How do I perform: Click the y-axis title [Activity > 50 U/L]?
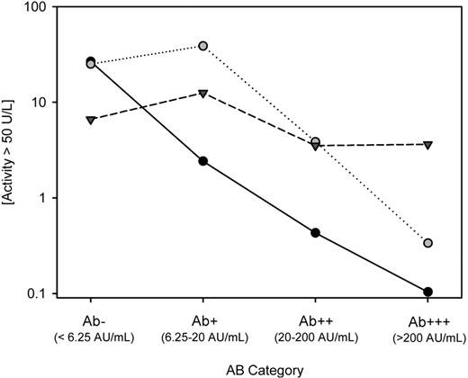coord(13,149)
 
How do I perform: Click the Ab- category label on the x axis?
coord(91,317)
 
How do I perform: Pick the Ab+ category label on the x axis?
coord(203,317)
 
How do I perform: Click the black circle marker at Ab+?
coord(203,161)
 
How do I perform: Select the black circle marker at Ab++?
coord(316,232)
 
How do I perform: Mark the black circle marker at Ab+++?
coord(427,292)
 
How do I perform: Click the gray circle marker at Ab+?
coord(203,46)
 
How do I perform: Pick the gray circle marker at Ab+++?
coord(427,243)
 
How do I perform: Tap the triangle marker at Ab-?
coord(91,120)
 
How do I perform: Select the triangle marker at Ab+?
coord(203,93)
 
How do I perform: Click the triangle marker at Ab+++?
coord(427,144)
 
